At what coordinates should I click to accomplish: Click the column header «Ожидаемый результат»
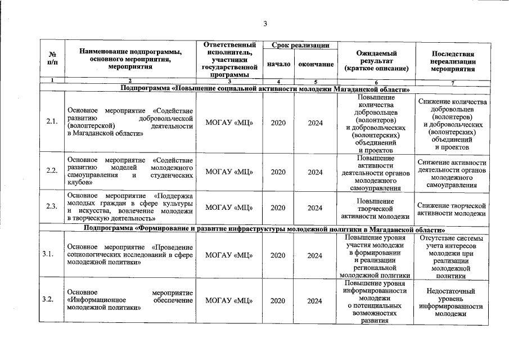pyautogui.click(x=376, y=60)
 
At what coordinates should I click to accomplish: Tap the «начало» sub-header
pyautogui.click(x=278, y=64)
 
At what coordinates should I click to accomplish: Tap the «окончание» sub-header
pyautogui.click(x=316, y=64)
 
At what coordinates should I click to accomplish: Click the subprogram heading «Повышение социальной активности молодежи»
pyautogui.click(x=264, y=89)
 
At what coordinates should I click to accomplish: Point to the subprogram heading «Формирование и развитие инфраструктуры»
pyautogui.click(x=264, y=229)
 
